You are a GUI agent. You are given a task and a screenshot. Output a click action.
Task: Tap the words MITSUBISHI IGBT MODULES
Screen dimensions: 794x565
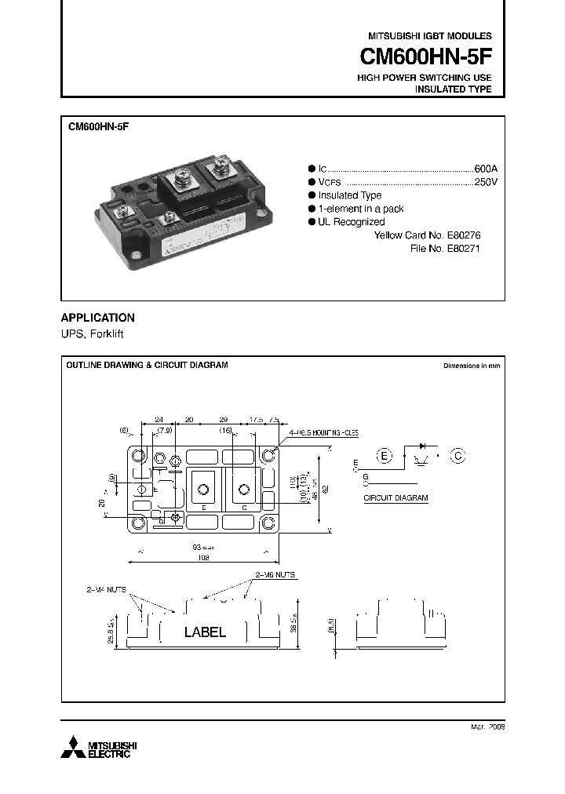click(x=430, y=36)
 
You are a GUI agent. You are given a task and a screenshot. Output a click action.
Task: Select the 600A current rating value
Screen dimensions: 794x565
click(x=486, y=169)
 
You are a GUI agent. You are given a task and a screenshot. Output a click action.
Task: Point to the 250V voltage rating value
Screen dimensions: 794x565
click(x=486, y=182)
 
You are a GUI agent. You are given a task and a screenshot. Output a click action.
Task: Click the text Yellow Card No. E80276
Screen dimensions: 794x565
click(x=427, y=235)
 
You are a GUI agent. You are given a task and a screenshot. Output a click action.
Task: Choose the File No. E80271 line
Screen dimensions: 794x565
click(x=444, y=248)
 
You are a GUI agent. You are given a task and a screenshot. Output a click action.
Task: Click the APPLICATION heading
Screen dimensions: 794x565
click(x=98, y=318)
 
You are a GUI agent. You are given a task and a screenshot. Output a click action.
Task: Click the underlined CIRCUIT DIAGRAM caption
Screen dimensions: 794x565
click(x=395, y=498)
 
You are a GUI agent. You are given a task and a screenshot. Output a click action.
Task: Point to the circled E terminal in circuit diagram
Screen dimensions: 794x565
click(x=384, y=456)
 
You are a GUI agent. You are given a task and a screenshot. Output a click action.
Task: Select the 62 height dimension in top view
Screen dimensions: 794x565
click(x=326, y=487)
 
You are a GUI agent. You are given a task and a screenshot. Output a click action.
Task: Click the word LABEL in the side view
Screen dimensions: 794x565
click(x=205, y=632)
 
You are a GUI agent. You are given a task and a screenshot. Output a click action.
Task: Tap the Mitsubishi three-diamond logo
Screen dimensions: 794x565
click(x=74, y=748)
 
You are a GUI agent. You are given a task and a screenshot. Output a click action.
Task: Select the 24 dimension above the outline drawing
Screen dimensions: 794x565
click(x=159, y=420)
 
